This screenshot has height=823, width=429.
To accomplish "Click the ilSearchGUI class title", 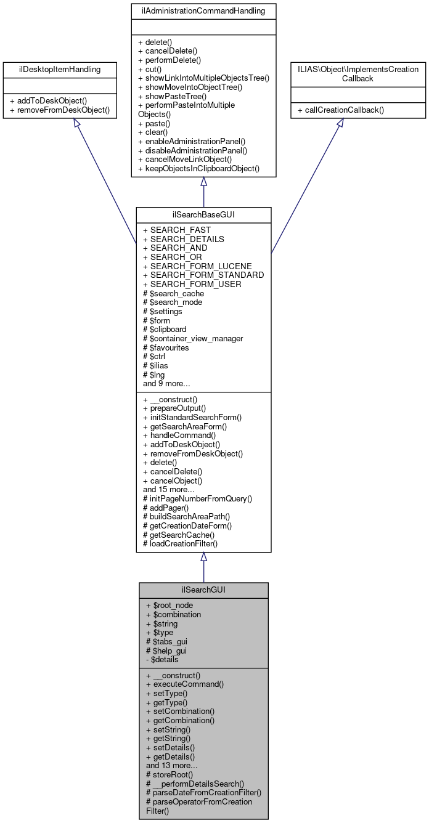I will point(203,590).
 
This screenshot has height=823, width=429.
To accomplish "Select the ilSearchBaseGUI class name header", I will point(203,214).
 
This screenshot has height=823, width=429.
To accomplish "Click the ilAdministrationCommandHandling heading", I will point(203,11).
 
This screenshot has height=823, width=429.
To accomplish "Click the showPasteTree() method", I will point(176,96).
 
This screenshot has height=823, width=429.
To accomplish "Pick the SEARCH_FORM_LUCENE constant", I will point(197,266).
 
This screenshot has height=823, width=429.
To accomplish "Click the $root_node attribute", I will point(170,605).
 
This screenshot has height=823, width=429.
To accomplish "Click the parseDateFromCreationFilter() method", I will point(203,792).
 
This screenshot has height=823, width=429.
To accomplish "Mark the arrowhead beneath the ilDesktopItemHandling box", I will point(76,123).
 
